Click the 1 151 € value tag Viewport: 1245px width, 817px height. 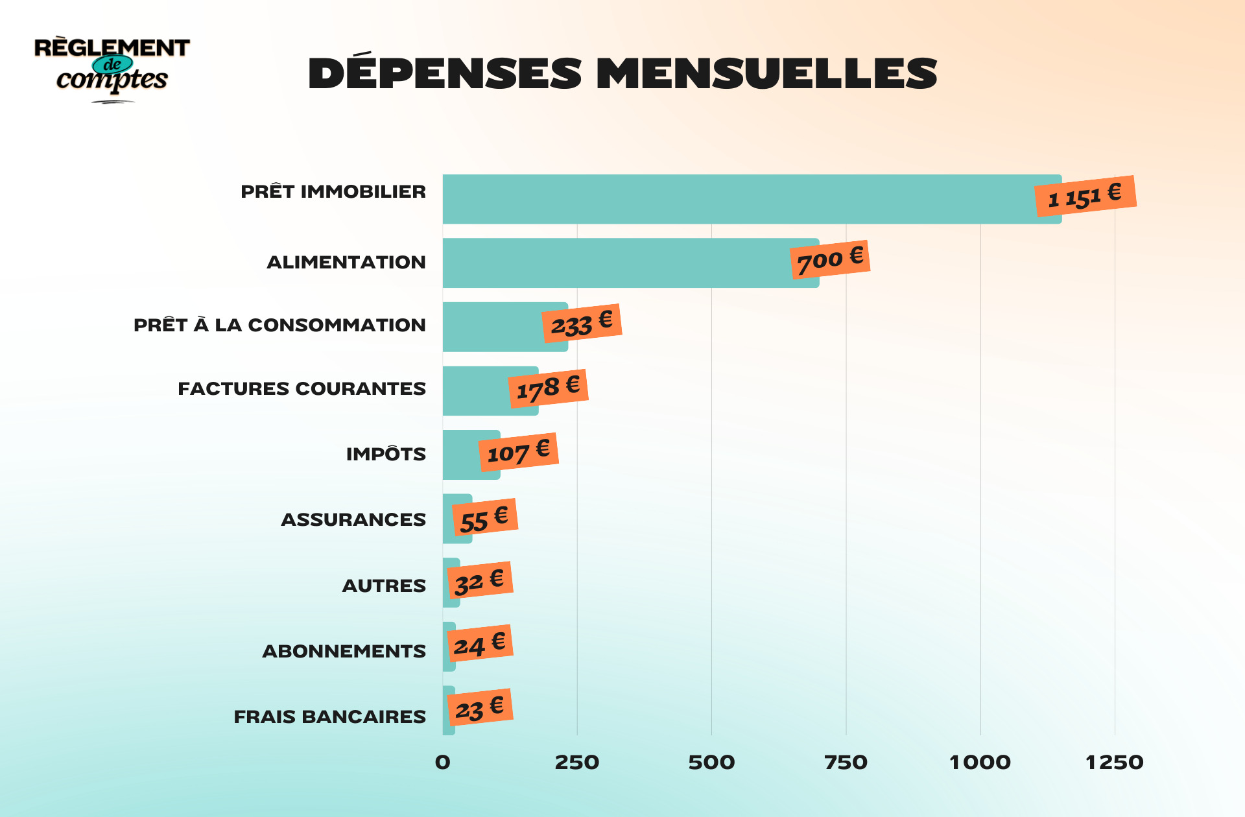(1085, 196)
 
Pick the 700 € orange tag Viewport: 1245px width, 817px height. (830, 259)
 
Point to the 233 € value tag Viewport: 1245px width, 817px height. (582, 323)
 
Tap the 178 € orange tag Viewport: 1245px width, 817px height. (549, 388)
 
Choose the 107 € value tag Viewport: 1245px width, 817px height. (518, 451)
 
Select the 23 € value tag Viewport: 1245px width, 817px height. (480, 707)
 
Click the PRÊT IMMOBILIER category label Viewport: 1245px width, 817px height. (333, 192)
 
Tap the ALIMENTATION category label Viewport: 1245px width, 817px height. (346, 263)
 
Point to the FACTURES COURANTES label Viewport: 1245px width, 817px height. (302, 389)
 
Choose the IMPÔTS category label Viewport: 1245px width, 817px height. (386, 454)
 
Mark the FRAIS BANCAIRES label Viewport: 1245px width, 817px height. (329, 717)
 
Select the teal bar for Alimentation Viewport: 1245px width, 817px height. (616, 263)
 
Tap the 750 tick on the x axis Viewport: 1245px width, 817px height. (846, 763)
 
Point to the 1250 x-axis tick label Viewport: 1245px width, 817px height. (1115, 763)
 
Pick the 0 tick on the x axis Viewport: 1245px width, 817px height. (443, 763)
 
